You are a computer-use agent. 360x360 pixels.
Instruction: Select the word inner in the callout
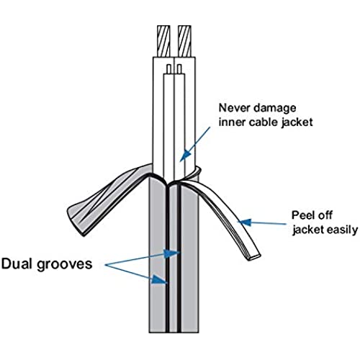pyautogui.click(x=232, y=122)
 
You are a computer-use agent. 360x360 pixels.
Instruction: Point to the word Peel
pyautogui.click(x=302, y=215)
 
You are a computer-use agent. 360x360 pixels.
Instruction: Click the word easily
pyautogui.click(x=343, y=230)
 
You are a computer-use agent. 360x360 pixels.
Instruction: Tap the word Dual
pyautogui.click(x=17, y=264)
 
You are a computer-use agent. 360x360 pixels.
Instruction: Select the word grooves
pyautogui.click(x=65, y=265)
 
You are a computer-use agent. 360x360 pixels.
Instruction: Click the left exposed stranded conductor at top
pyautogui.click(x=164, y=41)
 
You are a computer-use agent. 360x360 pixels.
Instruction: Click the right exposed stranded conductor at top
pyautogui.click(x=184, y=41)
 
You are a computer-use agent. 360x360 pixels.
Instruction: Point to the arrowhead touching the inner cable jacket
pyautogui.click(x=184, y=156)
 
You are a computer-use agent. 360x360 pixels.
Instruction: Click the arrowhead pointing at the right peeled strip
pyautogui.click(x=245, y=222)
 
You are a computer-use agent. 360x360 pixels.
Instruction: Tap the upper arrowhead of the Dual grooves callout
pyautogui.click(x=171, y=253)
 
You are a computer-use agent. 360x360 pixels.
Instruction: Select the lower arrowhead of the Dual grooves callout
pyautogui.click(x=158, y=280)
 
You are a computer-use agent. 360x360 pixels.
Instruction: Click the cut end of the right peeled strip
pyautogui.click(x=253, y=256)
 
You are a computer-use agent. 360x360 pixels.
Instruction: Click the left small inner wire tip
pyautogui.click(x=169, y=68)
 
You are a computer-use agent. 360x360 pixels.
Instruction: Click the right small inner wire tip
pyautogui.click(x=179, y=68)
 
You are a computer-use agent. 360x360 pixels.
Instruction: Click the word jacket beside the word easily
pyautogui.click(x=308, y=230)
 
